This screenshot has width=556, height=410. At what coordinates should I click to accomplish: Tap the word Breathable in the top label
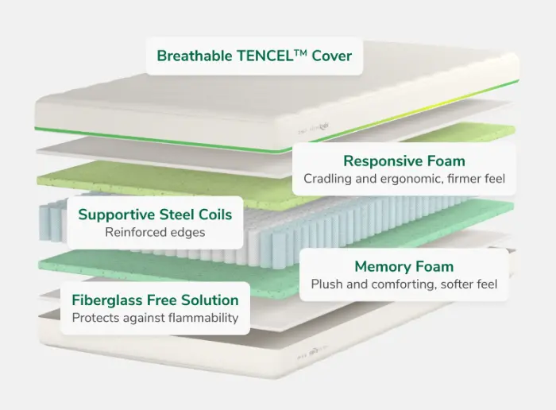tap(195, 56)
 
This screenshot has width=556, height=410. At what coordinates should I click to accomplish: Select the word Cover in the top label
tap(332, 56)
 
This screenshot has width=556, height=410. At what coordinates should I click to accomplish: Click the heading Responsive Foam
tap(403, 161)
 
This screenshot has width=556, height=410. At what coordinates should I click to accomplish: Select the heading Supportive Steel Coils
tap(155, 215)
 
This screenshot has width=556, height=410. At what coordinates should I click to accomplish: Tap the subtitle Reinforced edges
tap(155, 232)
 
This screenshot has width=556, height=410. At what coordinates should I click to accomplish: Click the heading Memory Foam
tap(403, 267)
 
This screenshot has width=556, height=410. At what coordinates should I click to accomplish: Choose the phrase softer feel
tap(469, 284)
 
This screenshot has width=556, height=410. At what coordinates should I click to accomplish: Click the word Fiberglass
tap(106, 300)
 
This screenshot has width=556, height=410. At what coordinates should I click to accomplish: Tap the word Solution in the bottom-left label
tap(210, 300)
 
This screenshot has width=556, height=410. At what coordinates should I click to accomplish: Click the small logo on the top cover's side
tap(314, 129)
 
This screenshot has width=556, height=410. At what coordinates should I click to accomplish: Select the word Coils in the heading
tap(215, 215)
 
